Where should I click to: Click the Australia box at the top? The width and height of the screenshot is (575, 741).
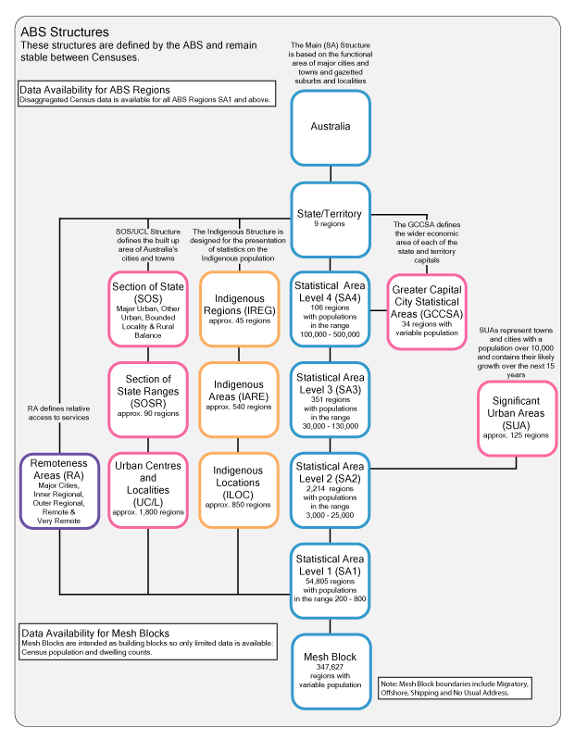[x=330, y=127]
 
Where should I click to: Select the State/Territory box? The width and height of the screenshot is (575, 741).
[x=330, y=219]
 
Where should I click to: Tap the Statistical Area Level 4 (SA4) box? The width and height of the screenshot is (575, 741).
[x=330, y=309]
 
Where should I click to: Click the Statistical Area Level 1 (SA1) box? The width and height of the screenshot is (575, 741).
[x=330, y=580]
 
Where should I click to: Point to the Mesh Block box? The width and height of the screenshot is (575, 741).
[x=330, y=669]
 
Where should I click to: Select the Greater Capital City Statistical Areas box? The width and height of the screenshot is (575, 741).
[x=427, y=310]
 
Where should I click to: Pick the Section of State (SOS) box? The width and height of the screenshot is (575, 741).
[x=148, y=309]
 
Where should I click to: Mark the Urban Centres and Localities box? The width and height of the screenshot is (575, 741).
[x=148, y=490]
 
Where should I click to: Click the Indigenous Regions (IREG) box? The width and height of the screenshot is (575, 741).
[x=239, y=309]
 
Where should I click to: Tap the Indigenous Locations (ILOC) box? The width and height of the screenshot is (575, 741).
[x=239, y=490]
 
